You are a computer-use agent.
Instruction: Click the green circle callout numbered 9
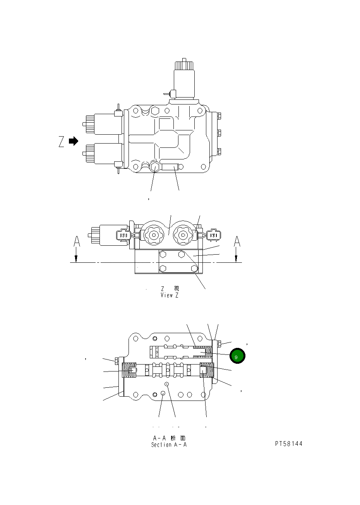pos(237,356)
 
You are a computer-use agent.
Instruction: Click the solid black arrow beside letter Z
pos(73,141)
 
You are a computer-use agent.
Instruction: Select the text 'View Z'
pos(170,295)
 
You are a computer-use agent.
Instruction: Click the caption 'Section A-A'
pos(169,445)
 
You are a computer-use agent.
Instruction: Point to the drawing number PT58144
pos(288,444)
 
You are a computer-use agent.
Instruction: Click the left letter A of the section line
pos(77,242)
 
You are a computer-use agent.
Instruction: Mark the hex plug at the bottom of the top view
pos(155,167)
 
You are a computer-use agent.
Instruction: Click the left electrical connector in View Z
pos(123,235)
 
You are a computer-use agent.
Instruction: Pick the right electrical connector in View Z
pos(213,235)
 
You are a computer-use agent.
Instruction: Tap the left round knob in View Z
pos(154,234)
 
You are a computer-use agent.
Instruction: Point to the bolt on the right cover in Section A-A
pos(219,344)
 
